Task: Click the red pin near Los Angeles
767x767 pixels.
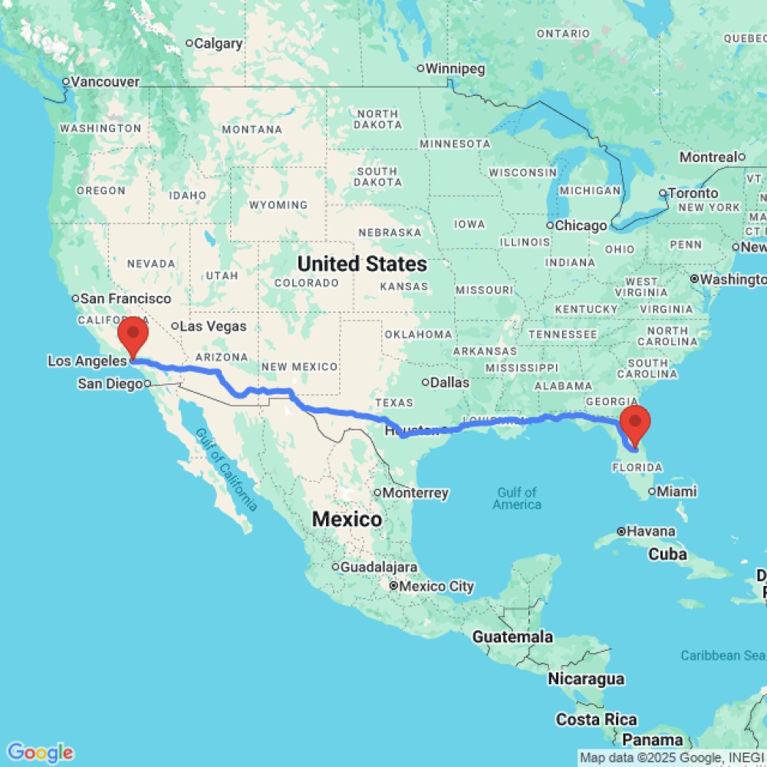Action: tap(134, 334)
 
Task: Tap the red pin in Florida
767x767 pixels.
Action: tap(635, 421)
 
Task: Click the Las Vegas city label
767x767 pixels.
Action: tap(213, 327)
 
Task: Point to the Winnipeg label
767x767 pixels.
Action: tap(456, 69)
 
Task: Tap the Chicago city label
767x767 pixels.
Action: tap(581, 225)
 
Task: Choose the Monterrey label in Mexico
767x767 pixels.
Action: tap(416, 492)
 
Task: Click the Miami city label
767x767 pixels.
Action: tap(675, 491)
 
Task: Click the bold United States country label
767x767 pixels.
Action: tap(362, 265)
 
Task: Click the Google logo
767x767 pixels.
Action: tap(40, 752)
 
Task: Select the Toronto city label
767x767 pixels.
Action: tap(695, 193)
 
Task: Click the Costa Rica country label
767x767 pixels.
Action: tap(597, 719)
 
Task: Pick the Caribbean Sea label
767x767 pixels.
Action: tap(722, 656)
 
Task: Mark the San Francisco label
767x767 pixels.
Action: tap(127, 298)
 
